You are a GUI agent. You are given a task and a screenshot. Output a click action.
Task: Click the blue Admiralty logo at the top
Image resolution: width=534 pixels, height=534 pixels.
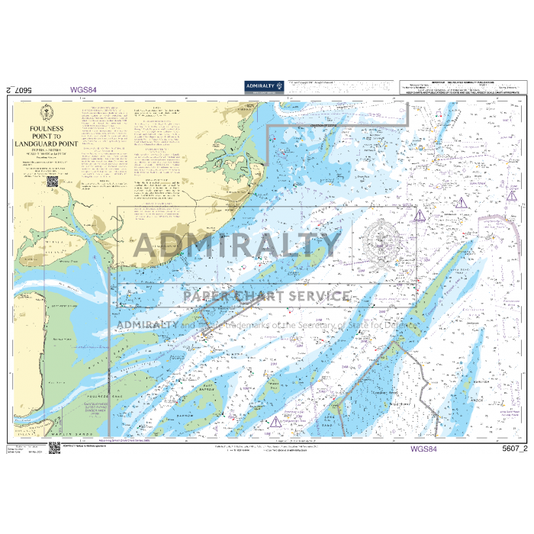pos(264,87)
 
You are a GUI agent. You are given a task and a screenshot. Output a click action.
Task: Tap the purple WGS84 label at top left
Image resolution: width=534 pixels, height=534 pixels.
pos(83,89)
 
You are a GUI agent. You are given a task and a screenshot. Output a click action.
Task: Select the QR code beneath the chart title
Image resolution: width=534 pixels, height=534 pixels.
pos(53,182)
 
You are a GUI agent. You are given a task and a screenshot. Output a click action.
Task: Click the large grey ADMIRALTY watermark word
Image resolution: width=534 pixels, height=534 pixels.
pos(237,245)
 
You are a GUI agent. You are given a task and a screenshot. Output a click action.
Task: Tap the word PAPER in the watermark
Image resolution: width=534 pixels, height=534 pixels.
pos(208,296)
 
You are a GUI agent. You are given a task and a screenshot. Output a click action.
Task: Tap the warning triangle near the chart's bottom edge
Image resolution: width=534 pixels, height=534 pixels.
pos(274,422)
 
